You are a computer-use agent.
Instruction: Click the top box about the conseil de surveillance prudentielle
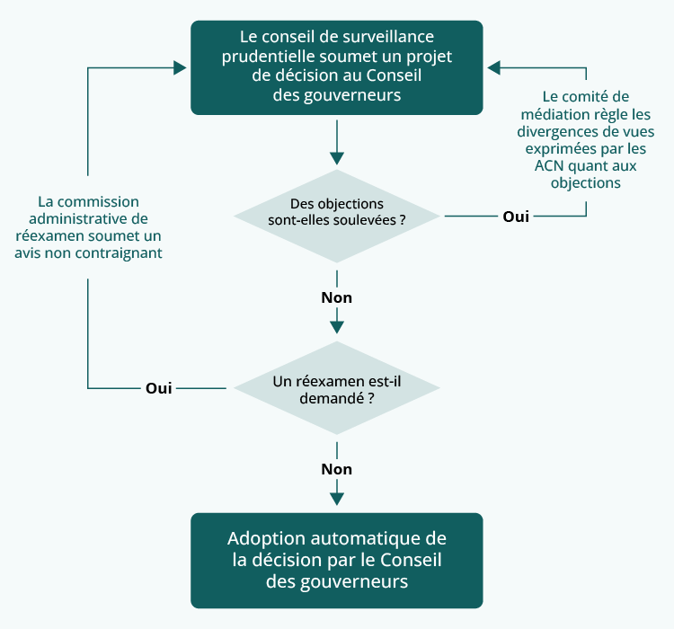(337, 66)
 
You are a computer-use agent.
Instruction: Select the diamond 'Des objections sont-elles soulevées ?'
(337, 216)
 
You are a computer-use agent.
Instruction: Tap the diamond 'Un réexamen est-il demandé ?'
(337, 388)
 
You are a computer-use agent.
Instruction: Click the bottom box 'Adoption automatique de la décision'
(337, 560)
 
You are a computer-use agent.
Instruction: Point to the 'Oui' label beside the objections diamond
(516, 217)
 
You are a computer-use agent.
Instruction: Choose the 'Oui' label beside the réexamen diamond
(158, 388)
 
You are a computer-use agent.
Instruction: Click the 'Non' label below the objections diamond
(337, 297)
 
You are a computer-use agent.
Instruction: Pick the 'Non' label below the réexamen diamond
(337, 469)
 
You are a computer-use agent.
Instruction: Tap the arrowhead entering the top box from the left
(182, 66)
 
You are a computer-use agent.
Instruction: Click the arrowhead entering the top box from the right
(493, 66)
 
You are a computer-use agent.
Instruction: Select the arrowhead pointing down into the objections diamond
(337, 159)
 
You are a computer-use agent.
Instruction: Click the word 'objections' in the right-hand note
(586, 182)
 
